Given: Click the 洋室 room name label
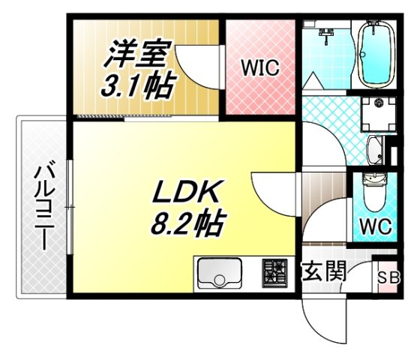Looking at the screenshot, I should (x=136, y=53).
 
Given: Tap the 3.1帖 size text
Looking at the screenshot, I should (x=136, y=85).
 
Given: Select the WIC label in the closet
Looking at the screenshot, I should (x=259, y=67).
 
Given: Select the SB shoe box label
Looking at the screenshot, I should (x=388, y=278).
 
